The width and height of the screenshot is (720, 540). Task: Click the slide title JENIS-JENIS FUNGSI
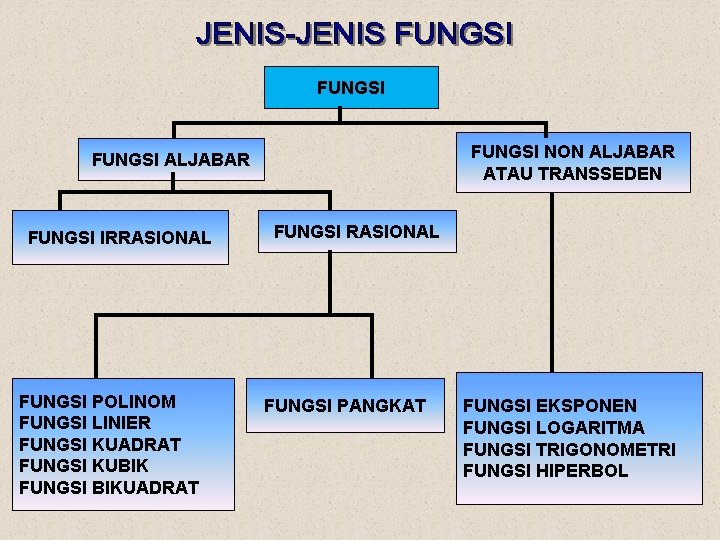[354, 34]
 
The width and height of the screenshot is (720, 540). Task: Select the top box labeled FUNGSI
[350, 88]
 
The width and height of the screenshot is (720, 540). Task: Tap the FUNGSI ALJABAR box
[171, 159]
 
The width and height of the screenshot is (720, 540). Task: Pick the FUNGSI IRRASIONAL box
[120, 238]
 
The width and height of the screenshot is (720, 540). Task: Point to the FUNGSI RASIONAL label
[356, 232]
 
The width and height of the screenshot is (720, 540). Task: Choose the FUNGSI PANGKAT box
[345, 406]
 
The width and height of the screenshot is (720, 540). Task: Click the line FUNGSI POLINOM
[97, 402]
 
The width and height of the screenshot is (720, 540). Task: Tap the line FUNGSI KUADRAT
[100, 444]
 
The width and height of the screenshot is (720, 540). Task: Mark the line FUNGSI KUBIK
[83, 466]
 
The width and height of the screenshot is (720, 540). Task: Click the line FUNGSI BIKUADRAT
[109, 488]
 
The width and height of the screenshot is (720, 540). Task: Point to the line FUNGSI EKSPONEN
[549, 406]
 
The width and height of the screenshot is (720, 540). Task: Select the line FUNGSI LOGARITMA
[553, 428]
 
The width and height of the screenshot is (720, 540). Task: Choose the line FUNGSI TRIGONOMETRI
[569, 450]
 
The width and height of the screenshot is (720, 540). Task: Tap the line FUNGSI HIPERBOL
[545, 471]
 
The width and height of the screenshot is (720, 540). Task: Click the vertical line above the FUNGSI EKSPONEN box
[549, 280]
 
